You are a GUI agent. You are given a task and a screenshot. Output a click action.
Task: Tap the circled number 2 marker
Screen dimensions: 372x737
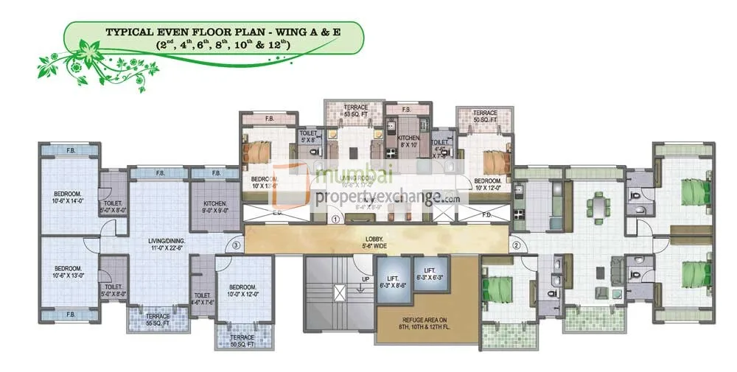517,245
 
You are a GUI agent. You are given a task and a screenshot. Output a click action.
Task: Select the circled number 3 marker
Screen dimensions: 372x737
236,245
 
